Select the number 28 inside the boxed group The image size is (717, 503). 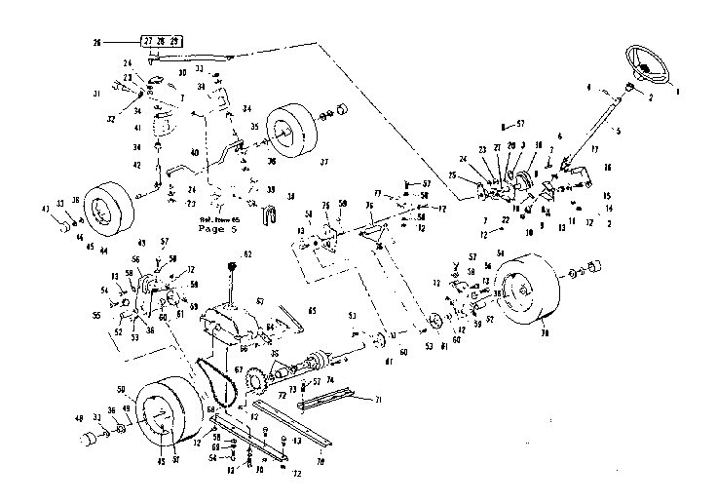[161, 43]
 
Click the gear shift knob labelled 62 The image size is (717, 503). [234, 265]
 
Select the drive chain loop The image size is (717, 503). [217, 384]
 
